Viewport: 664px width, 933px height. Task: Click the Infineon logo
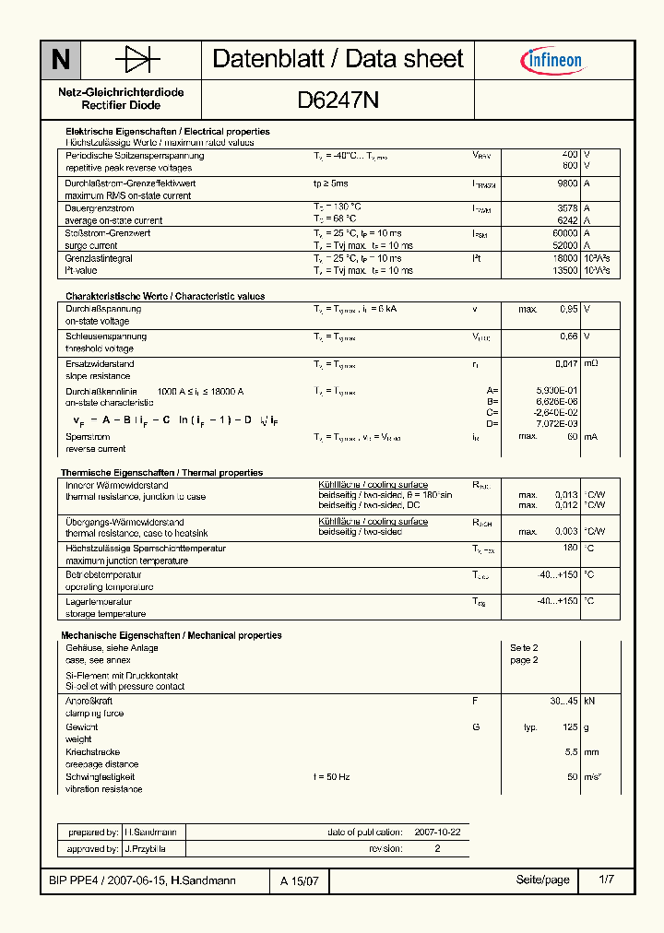(x=552, y=61)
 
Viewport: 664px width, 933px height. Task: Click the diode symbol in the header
(x=137, y=60)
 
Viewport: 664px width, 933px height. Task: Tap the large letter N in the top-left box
(x=60, y=61)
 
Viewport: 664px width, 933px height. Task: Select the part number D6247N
(x=338, y=100)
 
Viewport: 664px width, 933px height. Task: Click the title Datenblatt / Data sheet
(x=338, y=59)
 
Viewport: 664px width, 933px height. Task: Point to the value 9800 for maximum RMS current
(x=567, y=183)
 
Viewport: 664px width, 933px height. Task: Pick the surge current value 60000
(x=564, y=233)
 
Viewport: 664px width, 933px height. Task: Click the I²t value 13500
(x=564, y=271)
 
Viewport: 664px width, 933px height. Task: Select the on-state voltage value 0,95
(x=569, y=309)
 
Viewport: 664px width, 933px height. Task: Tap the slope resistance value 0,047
(x=566, y=364)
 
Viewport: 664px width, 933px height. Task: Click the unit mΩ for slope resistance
(x=591, y=364)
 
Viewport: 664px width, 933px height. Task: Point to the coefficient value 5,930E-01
(x=557, y=391)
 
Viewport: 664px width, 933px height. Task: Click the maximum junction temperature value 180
(x=570, y=548)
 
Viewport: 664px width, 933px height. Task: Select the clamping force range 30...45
(x=563, y=701)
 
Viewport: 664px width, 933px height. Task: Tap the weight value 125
(x=569, y=727)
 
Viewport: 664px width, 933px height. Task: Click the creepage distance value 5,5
(x=572, y=752)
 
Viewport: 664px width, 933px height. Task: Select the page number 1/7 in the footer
(x=606, y=880)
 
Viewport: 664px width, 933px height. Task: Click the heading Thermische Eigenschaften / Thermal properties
(x=161, y=472)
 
